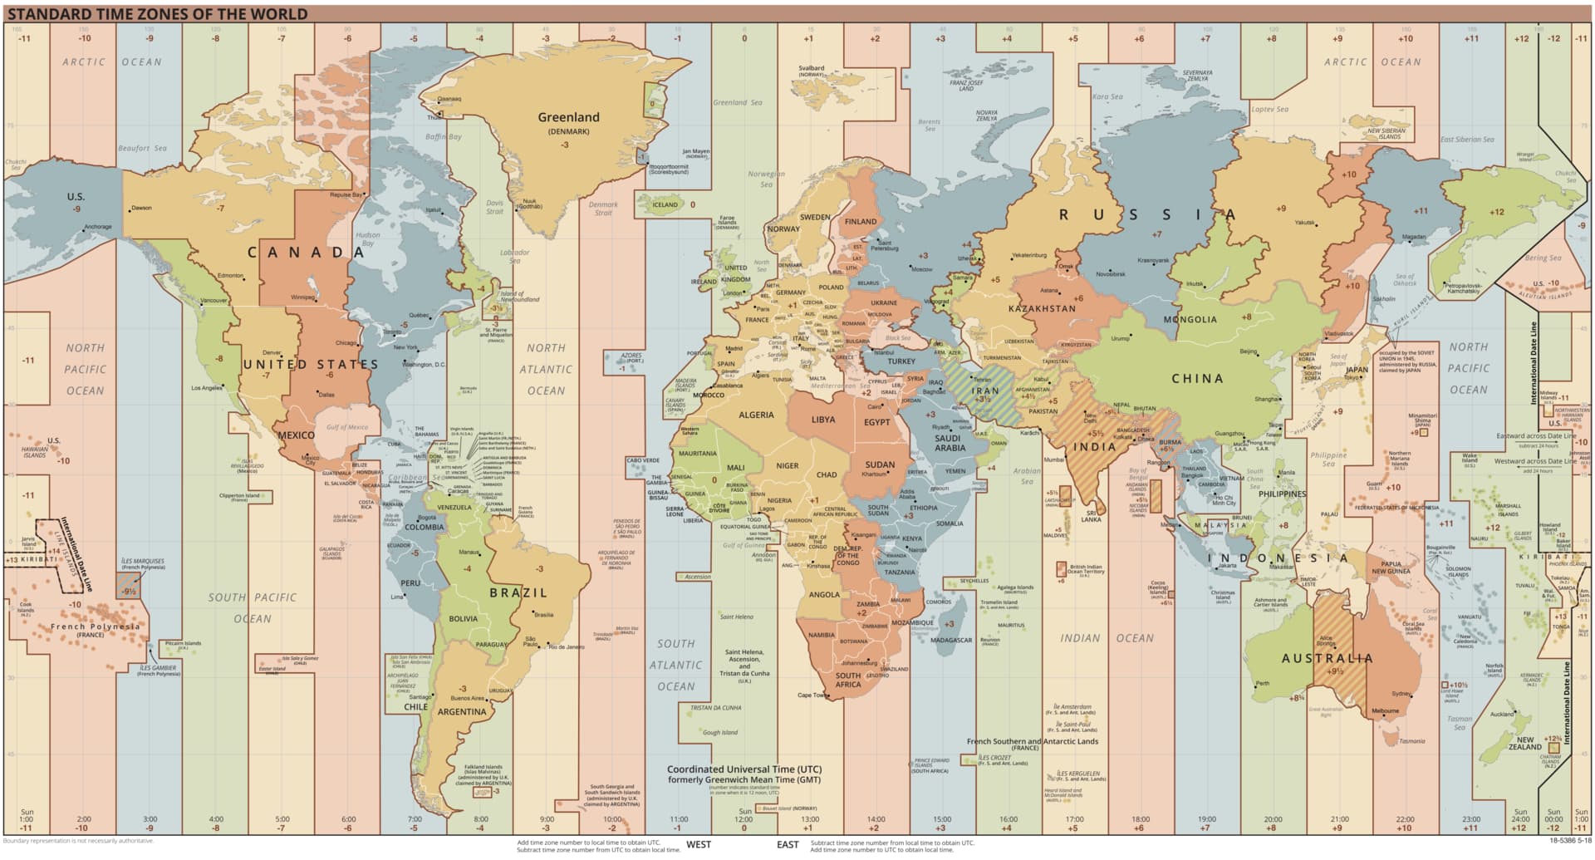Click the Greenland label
pos(568,117)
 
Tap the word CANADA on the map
pos(307,253)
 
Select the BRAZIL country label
pos(518,592)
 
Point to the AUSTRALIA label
pos(1328,658)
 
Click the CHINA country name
pos(1197,378)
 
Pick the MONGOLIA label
pos(1190,319)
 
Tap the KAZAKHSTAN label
pos(1042,308)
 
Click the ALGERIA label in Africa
pos(756,415)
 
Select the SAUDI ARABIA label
pos(950,443)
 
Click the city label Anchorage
pos(98,227)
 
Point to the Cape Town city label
pos(812,695)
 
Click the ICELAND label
pos(665,204)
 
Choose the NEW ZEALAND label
pos(1525,743)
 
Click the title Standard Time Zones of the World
pos(158,14)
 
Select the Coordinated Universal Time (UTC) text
pos(744,769)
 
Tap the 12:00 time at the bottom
pos(744,819)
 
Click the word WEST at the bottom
pos(699,844)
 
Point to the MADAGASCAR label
pos(951,641)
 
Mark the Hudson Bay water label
pos(368,239)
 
